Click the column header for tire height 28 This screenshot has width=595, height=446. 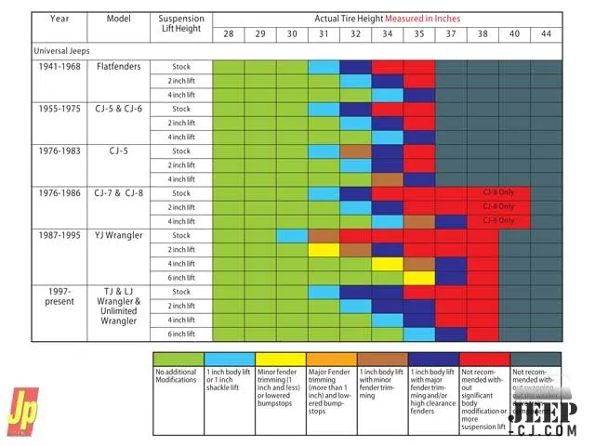[228, 34]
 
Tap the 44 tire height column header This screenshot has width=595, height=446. [546, 34]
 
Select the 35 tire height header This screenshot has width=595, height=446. [418, 34]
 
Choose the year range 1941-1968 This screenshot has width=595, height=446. [59, 67]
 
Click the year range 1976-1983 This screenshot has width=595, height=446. [59, 151]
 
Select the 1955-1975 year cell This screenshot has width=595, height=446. [59, 109]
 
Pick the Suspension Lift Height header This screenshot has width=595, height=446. [180, 23]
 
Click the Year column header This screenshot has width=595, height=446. [59, 19]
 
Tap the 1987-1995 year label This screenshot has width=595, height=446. [59, 235]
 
